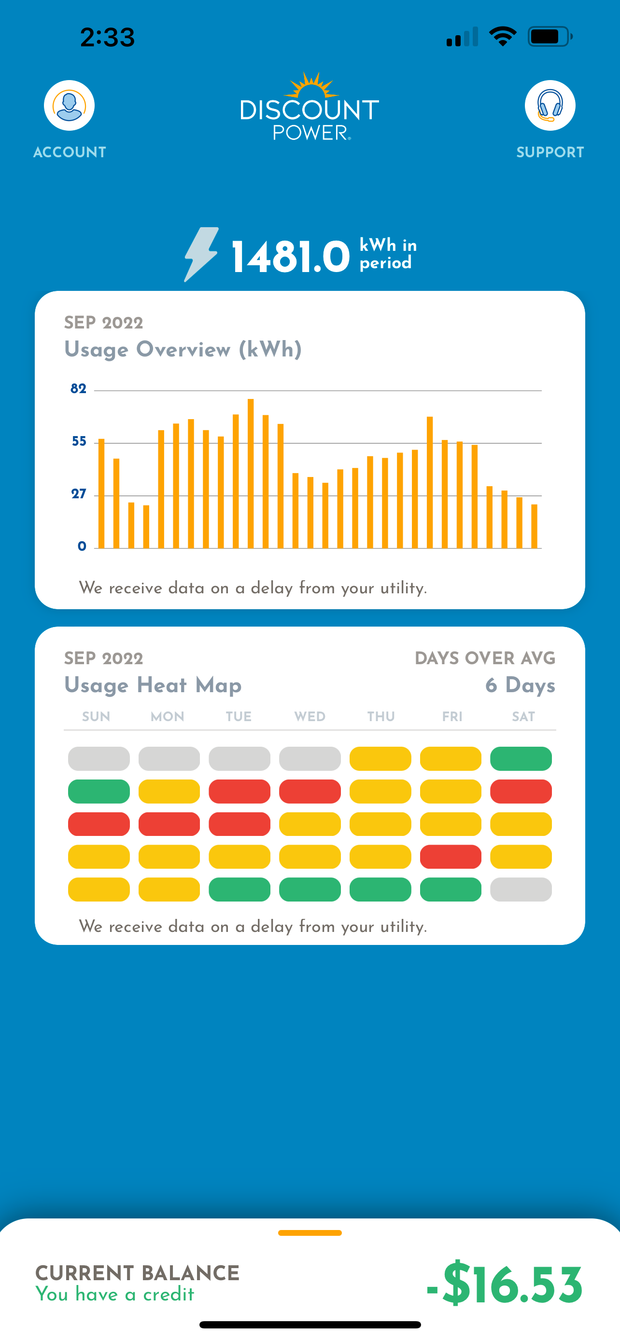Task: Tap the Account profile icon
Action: click(69, 106)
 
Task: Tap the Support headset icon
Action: click(550, 106)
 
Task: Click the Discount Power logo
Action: click(310, 108)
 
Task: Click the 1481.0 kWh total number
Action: click(291, 257)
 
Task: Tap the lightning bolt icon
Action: click(201, 254)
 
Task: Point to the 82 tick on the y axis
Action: click(78, 389)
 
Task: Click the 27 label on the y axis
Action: click(79, 494)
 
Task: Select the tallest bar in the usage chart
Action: click(251, 473)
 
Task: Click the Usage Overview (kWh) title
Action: click(183, 350)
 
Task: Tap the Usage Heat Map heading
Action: click(153, 685)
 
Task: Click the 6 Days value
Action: click(520, 685)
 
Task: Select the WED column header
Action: click(310, 717)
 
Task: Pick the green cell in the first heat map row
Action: click(521, 759)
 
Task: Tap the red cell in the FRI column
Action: click(451, 857)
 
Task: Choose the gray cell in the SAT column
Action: click(521, 889)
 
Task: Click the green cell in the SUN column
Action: click(99, 792)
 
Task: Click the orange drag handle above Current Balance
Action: click(310, 1233)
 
